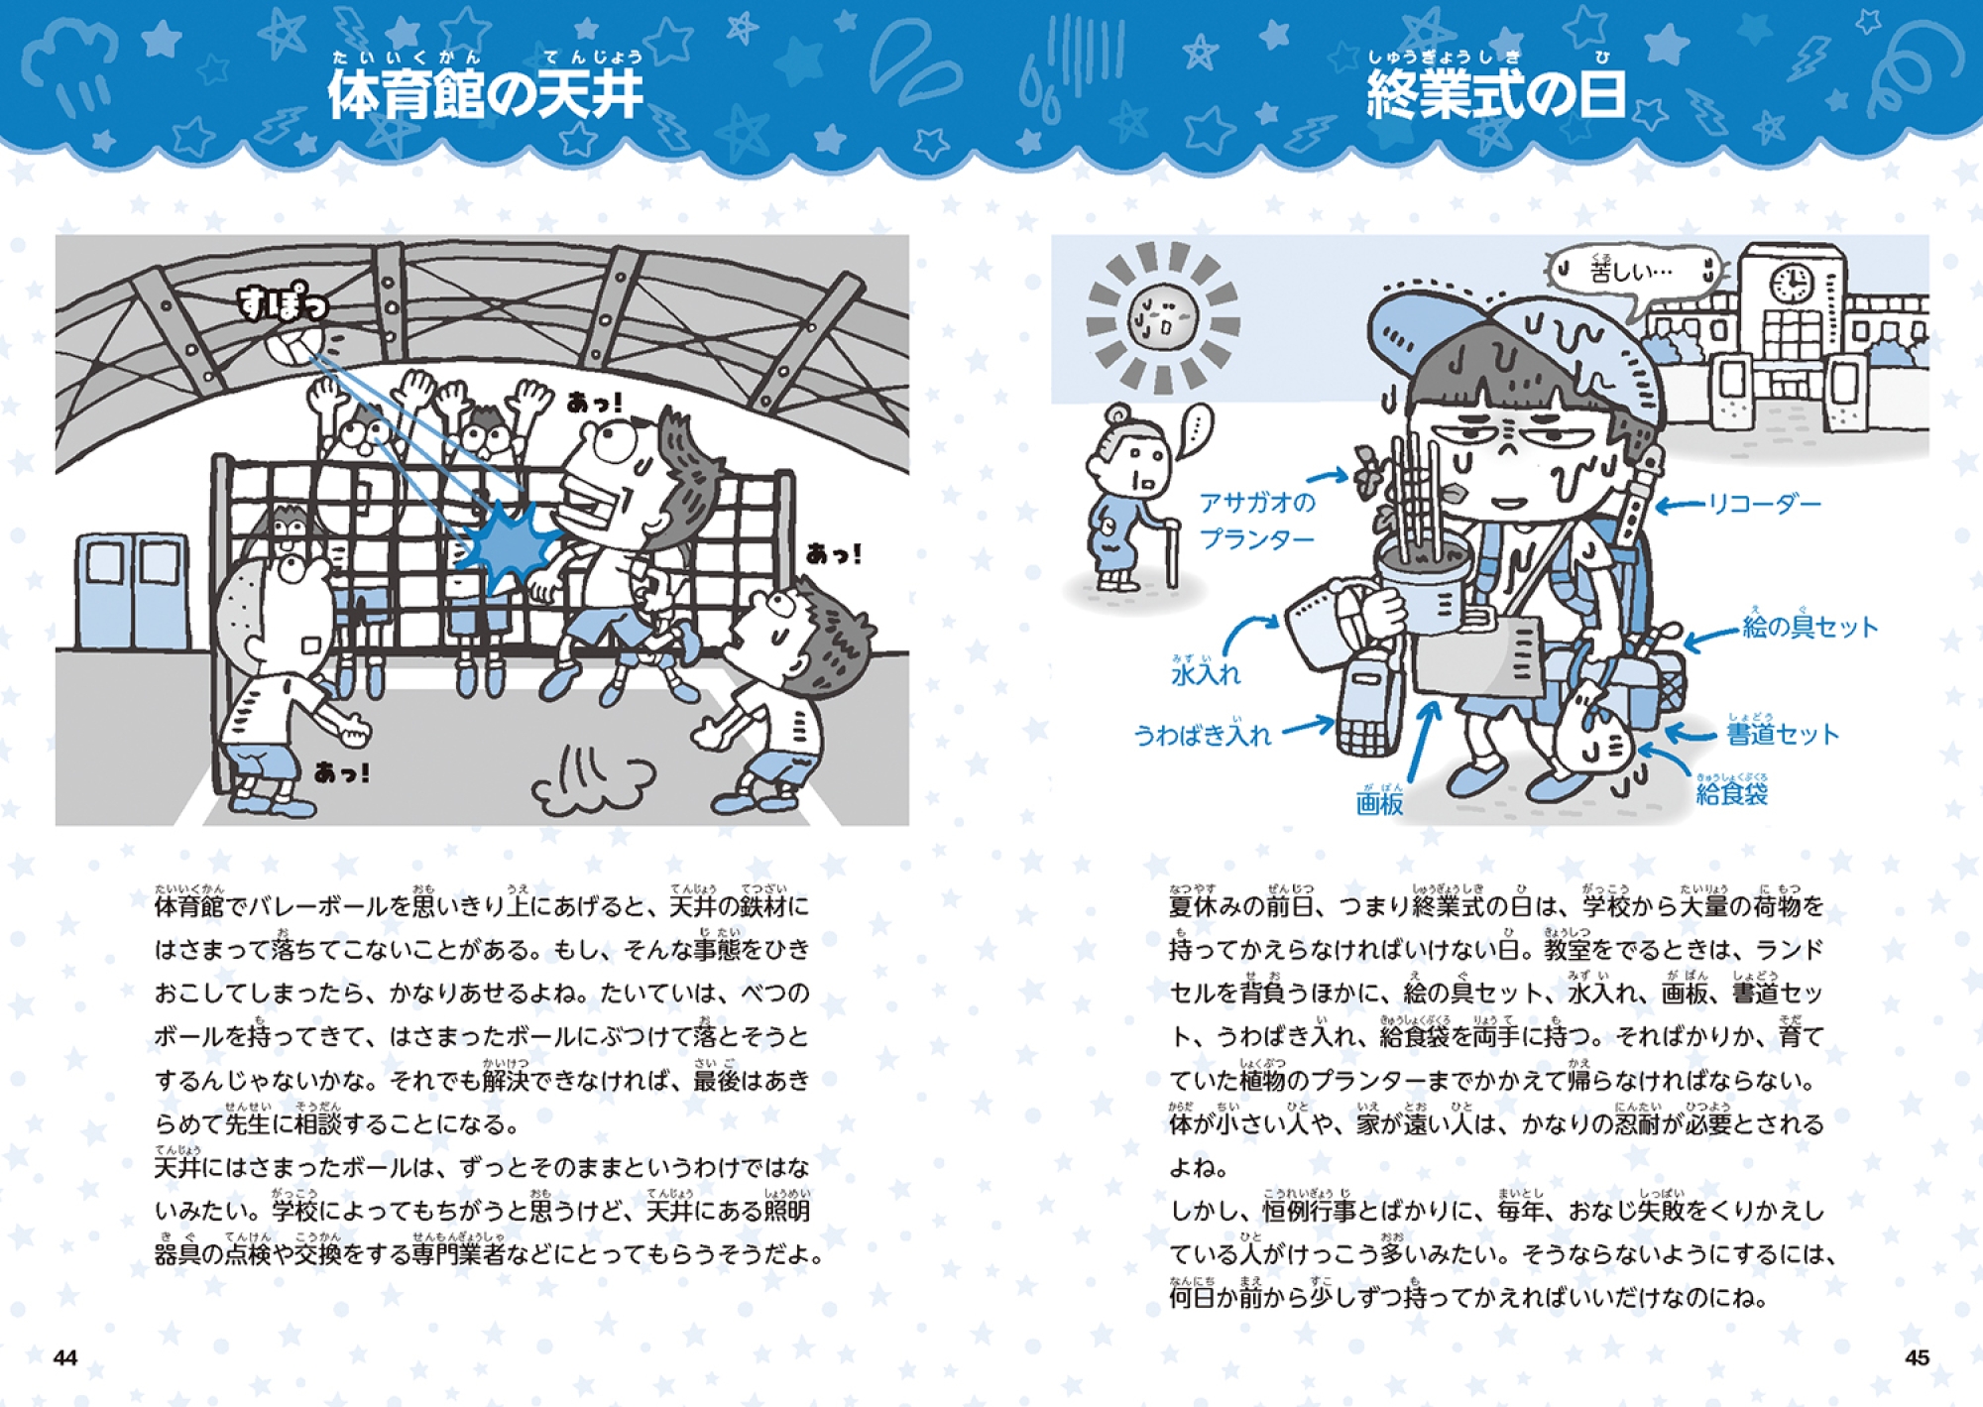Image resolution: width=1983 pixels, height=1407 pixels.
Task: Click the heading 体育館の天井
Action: tap(485, 95)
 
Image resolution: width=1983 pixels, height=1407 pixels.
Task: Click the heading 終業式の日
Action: tap(1496, 95)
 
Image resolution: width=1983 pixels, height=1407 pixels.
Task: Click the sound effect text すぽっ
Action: tap(282, 303)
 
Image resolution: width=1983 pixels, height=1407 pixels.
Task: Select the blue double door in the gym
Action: tap(132, 592)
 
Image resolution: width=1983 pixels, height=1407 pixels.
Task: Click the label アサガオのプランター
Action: tap(1257, 521)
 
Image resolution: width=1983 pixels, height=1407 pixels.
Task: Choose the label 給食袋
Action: tap(1732, 790)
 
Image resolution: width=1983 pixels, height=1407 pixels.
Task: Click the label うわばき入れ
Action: tap(1202, 733)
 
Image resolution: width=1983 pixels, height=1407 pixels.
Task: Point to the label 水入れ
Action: tap(1206, 671)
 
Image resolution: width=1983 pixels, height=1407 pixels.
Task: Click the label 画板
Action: tap(1379, 799)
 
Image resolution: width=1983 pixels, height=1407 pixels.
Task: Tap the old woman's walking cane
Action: tap(1173, 553)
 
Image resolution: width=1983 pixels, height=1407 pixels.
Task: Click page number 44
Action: tap(65, 1357)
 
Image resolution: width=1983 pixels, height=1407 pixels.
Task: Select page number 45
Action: tap(1918, 1357)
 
